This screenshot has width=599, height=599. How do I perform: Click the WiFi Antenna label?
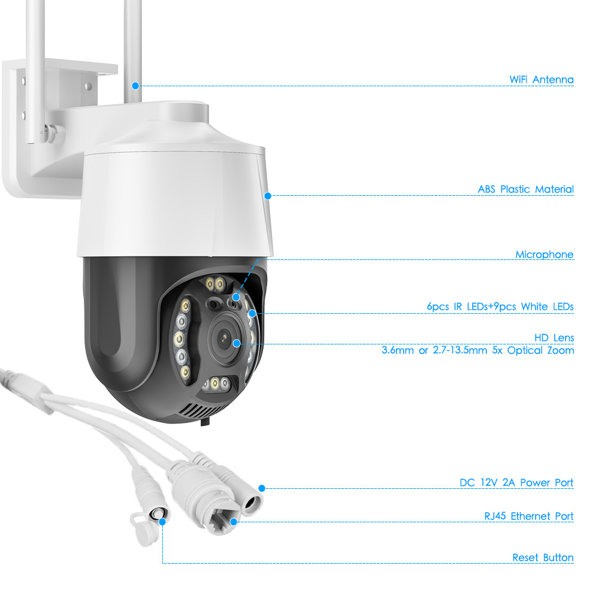541,80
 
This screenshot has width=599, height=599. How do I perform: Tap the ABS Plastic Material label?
526,189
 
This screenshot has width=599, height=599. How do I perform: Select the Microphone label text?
544,255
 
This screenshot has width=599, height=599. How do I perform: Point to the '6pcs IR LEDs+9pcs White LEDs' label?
500,306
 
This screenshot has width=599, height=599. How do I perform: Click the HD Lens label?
554,338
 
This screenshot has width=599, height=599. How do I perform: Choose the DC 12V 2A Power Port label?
516,482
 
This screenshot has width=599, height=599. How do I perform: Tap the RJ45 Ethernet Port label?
529,516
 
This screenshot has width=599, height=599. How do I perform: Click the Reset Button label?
543,558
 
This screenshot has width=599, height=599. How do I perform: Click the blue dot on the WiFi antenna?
135,86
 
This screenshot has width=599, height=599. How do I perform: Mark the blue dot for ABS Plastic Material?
268,196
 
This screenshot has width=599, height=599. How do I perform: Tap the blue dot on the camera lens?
237,343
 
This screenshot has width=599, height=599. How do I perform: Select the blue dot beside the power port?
262,488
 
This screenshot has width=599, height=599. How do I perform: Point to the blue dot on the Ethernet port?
234,522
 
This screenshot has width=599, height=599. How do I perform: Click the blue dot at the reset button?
163,522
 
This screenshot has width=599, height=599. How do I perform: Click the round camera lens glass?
224,338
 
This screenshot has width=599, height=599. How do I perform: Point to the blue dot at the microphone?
236,297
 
